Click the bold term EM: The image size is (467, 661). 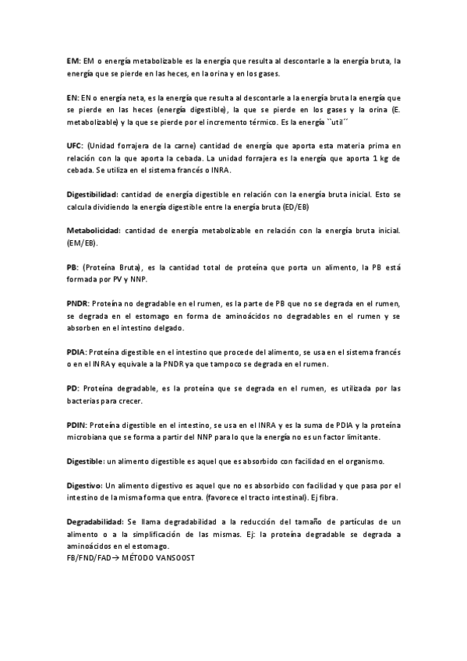tap(73, 60)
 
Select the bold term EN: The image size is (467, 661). tap(73, 98)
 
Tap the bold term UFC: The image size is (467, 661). tap(76, 146)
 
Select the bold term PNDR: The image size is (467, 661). tap(79, 303)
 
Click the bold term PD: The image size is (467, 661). tap(73, 387)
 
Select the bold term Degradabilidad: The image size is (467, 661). tap(94, 521)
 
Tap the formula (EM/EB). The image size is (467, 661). tap(83, 243)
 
